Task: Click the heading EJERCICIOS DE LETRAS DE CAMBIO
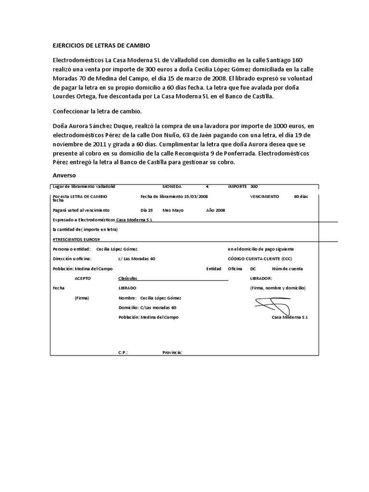101,46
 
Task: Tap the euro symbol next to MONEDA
207,186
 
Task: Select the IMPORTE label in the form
238,186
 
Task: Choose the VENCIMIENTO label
264,197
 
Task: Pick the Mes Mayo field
173,210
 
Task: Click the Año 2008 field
215,210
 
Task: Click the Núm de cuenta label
287,269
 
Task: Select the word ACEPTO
82,278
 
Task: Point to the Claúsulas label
128,278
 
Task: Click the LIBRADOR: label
261,278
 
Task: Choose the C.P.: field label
123,352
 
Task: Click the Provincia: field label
172,352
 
